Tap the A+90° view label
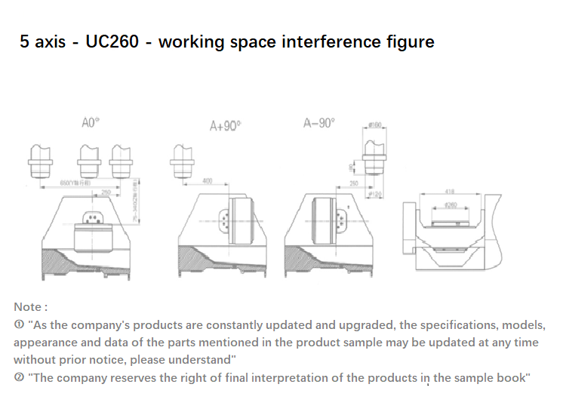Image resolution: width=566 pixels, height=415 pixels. coord(224,127)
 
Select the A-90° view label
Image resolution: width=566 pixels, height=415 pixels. coord(319,123)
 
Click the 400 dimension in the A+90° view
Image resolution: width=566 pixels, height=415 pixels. coord(208,180)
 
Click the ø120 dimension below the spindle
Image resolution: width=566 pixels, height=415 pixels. coord(374,195)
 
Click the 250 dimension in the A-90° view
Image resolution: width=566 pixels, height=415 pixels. coord(353,183)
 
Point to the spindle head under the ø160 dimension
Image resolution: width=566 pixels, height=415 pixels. coord(374,164)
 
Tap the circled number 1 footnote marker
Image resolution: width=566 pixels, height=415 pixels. coord(19,325)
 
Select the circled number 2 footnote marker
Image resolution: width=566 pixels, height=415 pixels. coord(19,377)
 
